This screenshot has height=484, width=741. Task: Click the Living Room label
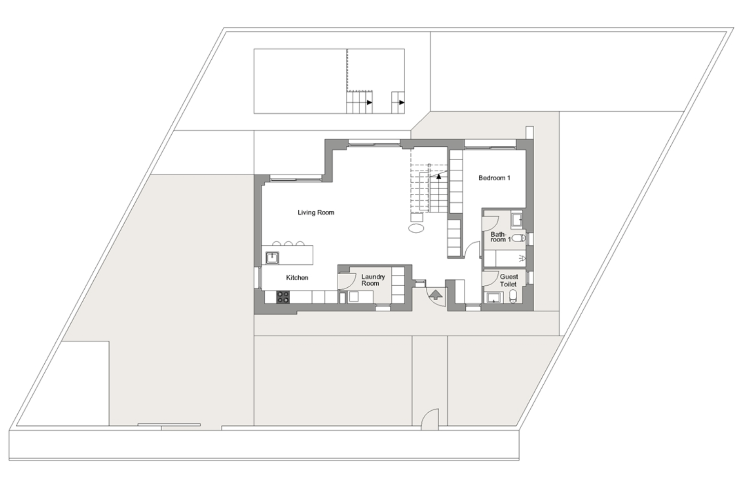coord(316,212)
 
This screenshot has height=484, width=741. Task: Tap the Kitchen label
coord(297,278)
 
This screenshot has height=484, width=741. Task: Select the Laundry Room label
coord(373,280)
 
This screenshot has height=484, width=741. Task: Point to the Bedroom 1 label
coord(494,178)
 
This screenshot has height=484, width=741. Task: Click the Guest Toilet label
coord(509,280)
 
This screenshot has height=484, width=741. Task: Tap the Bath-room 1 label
coord(500,237)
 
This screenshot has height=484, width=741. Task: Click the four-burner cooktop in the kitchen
coord(283,297)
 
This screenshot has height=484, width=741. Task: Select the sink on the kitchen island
coord(272,258)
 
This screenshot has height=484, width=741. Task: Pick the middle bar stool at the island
coord(289,243)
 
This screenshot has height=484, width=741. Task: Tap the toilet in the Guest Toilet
coord(513,296)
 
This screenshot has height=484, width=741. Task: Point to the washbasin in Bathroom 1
coord(517,220)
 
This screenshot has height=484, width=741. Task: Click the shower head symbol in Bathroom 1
coord(523,258)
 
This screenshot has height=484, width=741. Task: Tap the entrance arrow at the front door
coord(435,294)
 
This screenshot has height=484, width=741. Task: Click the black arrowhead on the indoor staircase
coord(439,177)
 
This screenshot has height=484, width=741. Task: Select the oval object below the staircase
coord(416,228)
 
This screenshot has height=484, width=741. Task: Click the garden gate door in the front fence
coord(430,419)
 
